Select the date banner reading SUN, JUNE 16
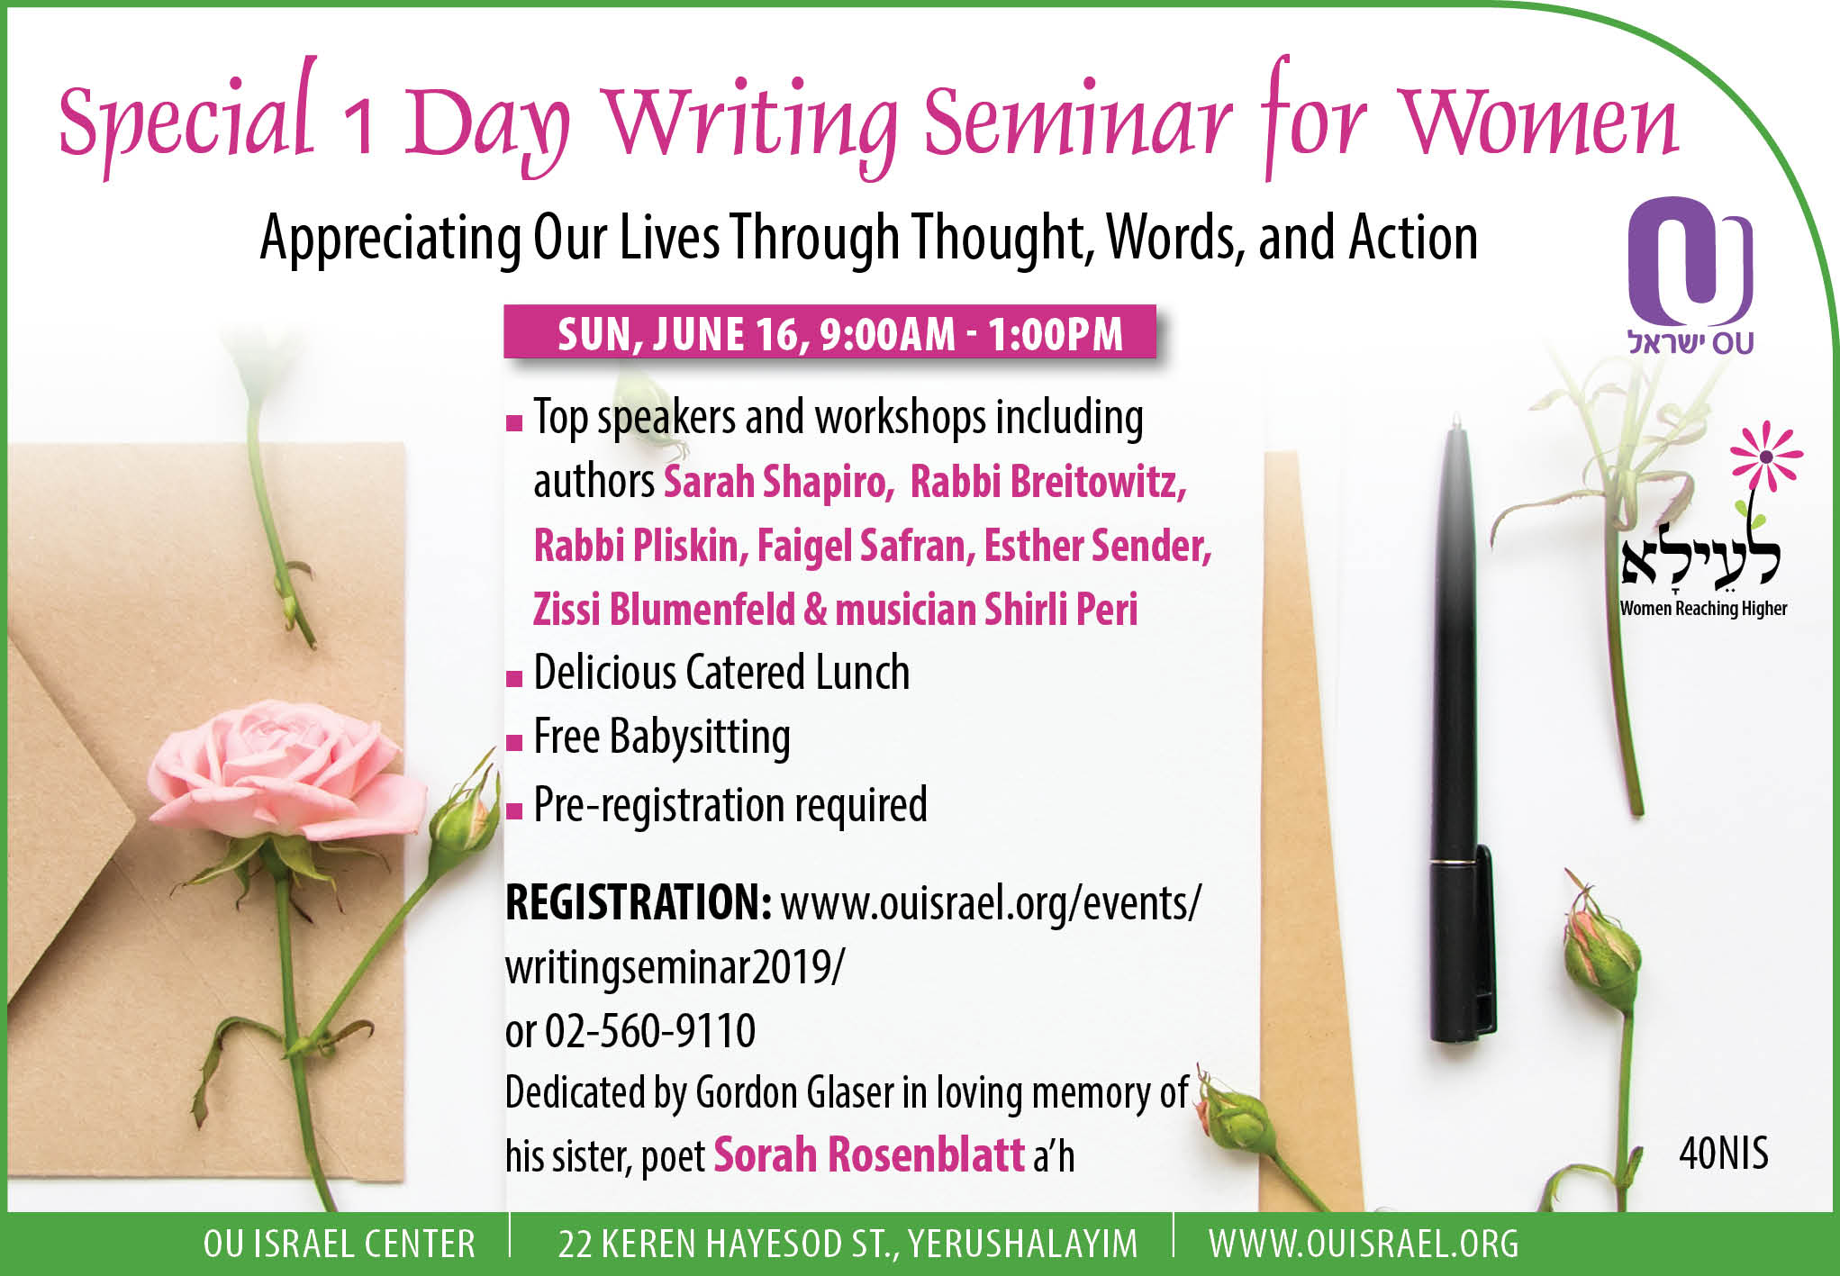[829, 332]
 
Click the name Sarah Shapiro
[778, 482]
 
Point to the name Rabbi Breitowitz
[1048, 482]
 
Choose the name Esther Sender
[1098, 546]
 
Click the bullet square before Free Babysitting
[514, 743]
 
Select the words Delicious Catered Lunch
[721, 673]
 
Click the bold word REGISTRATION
[638, 902]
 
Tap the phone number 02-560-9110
[650, 1031]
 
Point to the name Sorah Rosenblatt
[869, 1155]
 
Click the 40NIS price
[1723, 1154]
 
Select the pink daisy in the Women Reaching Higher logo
[1766, 457]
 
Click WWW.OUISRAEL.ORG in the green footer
[1364, 1244]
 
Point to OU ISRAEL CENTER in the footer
[340, 1244]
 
